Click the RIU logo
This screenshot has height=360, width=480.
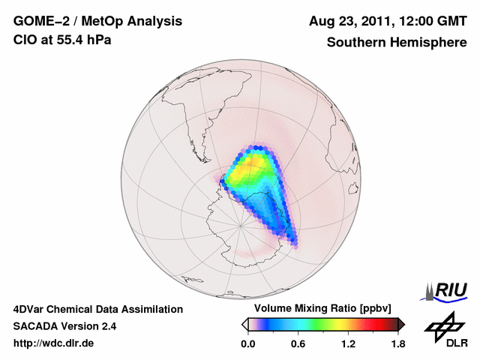point(448,290)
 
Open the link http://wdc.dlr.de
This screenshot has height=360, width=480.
point(54,343)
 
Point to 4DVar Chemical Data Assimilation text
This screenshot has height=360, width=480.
point(97,309)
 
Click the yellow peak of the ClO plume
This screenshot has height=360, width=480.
point(259,169)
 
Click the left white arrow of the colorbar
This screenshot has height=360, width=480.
point(244,324)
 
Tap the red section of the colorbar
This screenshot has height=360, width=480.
point(375,324)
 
